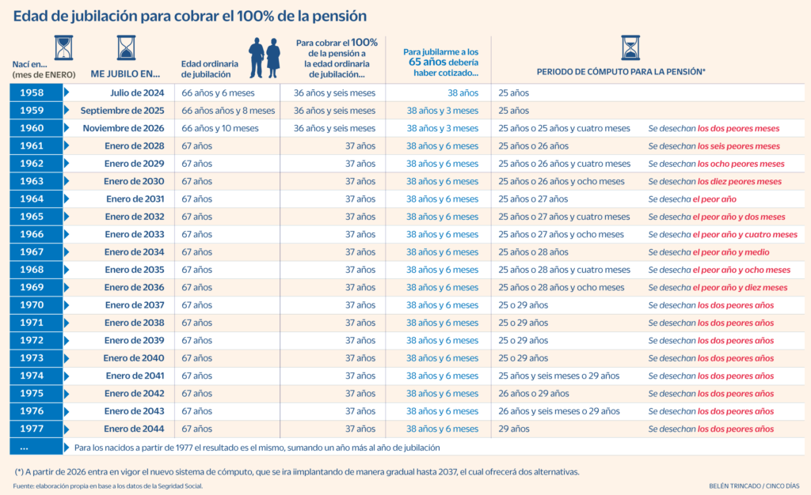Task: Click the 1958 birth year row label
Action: pyautogui.click(x=32, y=93)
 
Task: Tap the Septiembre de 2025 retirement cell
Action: pyautogui.click(x=122, y=111)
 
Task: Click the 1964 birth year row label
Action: pyautogui.click(x=32, y=199)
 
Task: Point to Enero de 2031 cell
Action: pyautogui.click(x=135, y=199)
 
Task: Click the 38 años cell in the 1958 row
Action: pyautogui.click(x=463, y=93)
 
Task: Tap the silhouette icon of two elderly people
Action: pyautogui.click(x=265, y=59)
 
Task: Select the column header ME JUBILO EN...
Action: pyautogui.click(x=126, y=74)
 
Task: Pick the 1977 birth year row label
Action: pyautogui.click(x=32, y=429)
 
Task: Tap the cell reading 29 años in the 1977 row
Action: pyautogui.click(x=514, y=429)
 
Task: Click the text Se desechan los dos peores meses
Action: pyautogui.click(x=714, y=128)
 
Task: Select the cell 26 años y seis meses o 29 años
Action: pyautogui.click(x=559, y=411)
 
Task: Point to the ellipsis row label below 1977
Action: pyautogui.click(x=32, y=448)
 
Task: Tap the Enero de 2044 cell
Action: pyautogui.click(x=135, y=429)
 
